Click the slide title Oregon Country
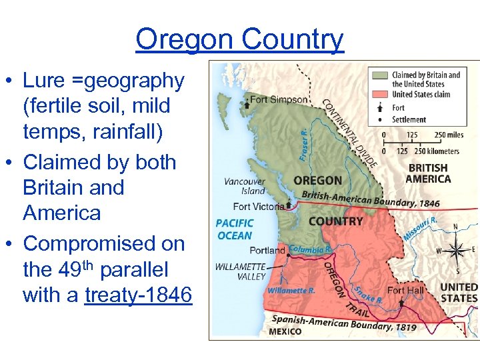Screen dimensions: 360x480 pyautogui.click(x=239, y=39)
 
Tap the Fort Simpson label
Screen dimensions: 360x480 pyautogui.click(x=279, y=100)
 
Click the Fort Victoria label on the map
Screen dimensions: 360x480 pyautogui.click(x=259, y=207)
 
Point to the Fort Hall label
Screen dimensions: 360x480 pyautogui.click(x=405, y=290)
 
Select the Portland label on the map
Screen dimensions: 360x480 pyautogui.click(x=267, y=251)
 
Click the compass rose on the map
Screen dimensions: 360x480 pyautogui.click(x=456, y=251)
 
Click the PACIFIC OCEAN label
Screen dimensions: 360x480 pyautogui.click(x=235, y=229)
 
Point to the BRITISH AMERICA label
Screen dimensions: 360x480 pyautogui.click(x=429, y=173)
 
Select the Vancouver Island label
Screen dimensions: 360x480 pyautogui.click(x=245, y=186)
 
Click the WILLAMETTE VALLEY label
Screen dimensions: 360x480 pyautogui.click(x=240, y=271)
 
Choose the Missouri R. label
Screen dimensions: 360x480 pyautogui.click(x=421, y=227)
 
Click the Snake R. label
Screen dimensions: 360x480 pyautogui.click(x=368, y=295)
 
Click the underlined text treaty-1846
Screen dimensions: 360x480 pyautogui.click(x=139, y=295)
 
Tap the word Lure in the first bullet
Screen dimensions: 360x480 pyautogui.click(x=42, y=81)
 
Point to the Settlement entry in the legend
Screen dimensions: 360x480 pyautogui.click(x=409, y=119)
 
